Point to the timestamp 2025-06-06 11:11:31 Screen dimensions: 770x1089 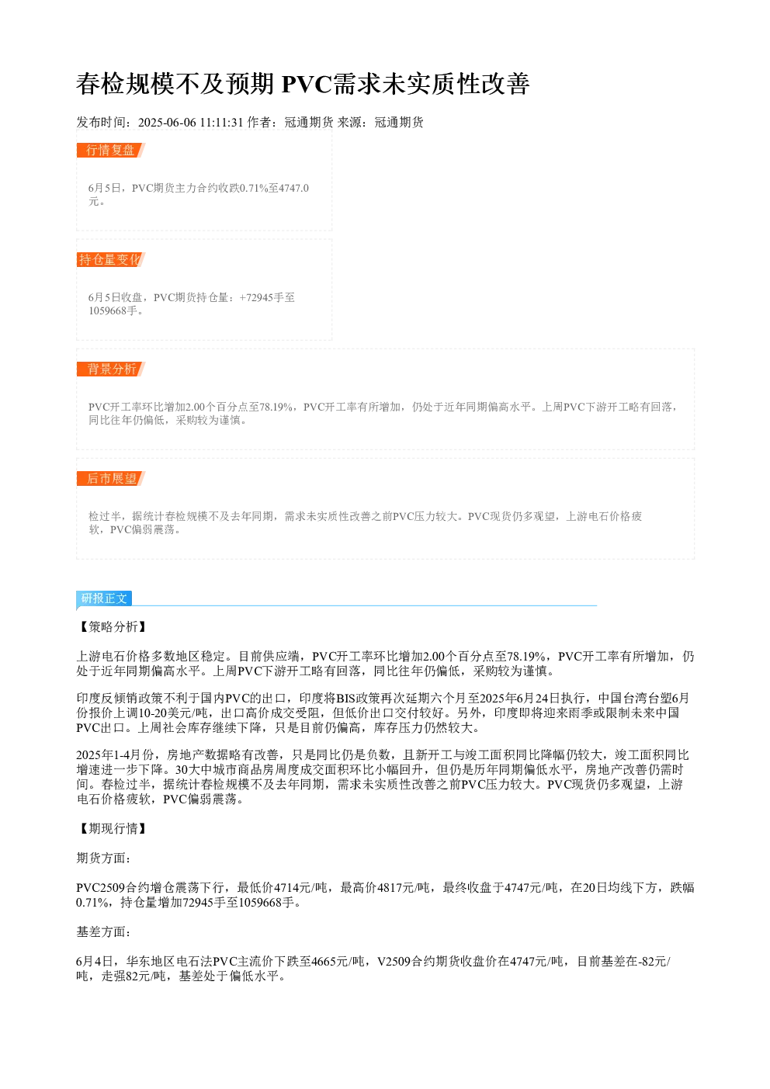pyautogui.click(x=190, y=123)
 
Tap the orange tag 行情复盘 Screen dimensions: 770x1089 pyautogui.click(x=111, y=151)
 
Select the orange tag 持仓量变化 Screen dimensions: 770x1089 pyautogui.click(x=111, y=259)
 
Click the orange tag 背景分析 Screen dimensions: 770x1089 pyautogui.click(x=111, y=369)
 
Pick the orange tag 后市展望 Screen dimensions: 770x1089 pyautogui.click(x=111, y=478)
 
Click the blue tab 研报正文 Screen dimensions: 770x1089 pyautogui.click(x=104, y=598)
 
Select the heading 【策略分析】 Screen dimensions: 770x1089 pyautogui.click(x=113, y=626)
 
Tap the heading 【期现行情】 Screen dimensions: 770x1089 pyautogui.click(x=113, y=828)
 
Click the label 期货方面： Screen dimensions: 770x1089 pyautogui.click(x=103, y=858)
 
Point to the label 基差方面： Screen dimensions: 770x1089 pyautogui.click(x=103, y=932)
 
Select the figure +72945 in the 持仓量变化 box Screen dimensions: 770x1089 pyautogui.click(x=257, y=297)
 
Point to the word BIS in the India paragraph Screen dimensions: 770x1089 pyautogui.click(x=346, y=698)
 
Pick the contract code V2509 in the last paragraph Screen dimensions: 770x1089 pyautogui.click(x=394, y=962)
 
